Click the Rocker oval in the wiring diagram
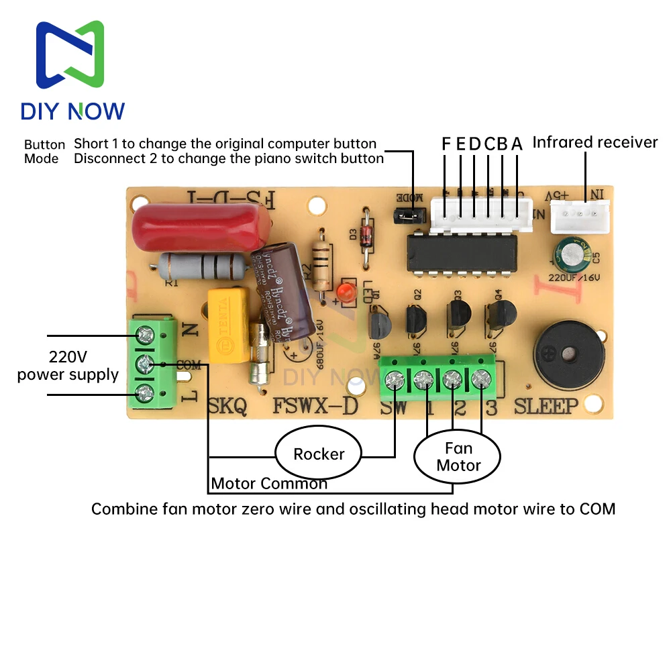(x=319, y=454)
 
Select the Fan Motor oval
(x=458, y=457)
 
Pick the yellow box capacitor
(x=229, y=324)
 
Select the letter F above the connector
(x=447, y=144)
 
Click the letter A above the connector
(x=517, y=144)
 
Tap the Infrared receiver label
(x=595, y=142)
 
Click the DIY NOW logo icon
(x=70, y=54)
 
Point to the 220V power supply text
(x=68, y=365)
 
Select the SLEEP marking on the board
(x=546, y=406)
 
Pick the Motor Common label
(x=269, y=483)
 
